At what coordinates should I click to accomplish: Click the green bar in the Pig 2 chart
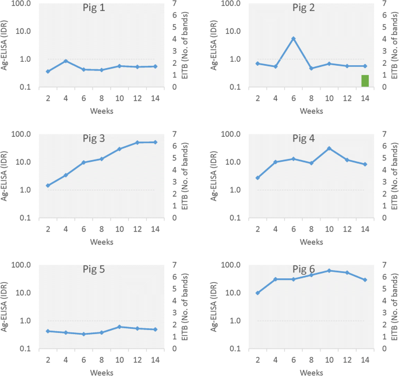coord(365,81)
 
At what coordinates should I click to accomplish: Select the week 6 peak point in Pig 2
coord(294,38)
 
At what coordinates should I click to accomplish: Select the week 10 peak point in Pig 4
coord(329,148)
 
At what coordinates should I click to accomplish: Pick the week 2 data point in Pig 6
coord(257,293)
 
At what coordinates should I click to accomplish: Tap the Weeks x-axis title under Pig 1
coord(101,110)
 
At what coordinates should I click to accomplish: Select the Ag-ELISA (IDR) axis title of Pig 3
coord(5,175)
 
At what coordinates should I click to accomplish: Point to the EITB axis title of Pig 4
coord(394,175)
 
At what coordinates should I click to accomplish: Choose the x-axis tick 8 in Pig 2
coord(311,98)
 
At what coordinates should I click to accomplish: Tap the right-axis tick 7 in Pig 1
coord(175,3)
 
